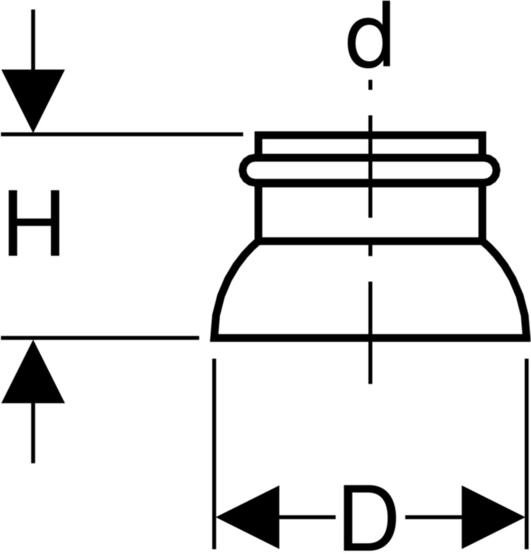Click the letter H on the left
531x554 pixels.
[34, 222]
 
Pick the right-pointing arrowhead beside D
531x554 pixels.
[491, 517]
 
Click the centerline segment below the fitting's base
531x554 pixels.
[370, 364]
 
